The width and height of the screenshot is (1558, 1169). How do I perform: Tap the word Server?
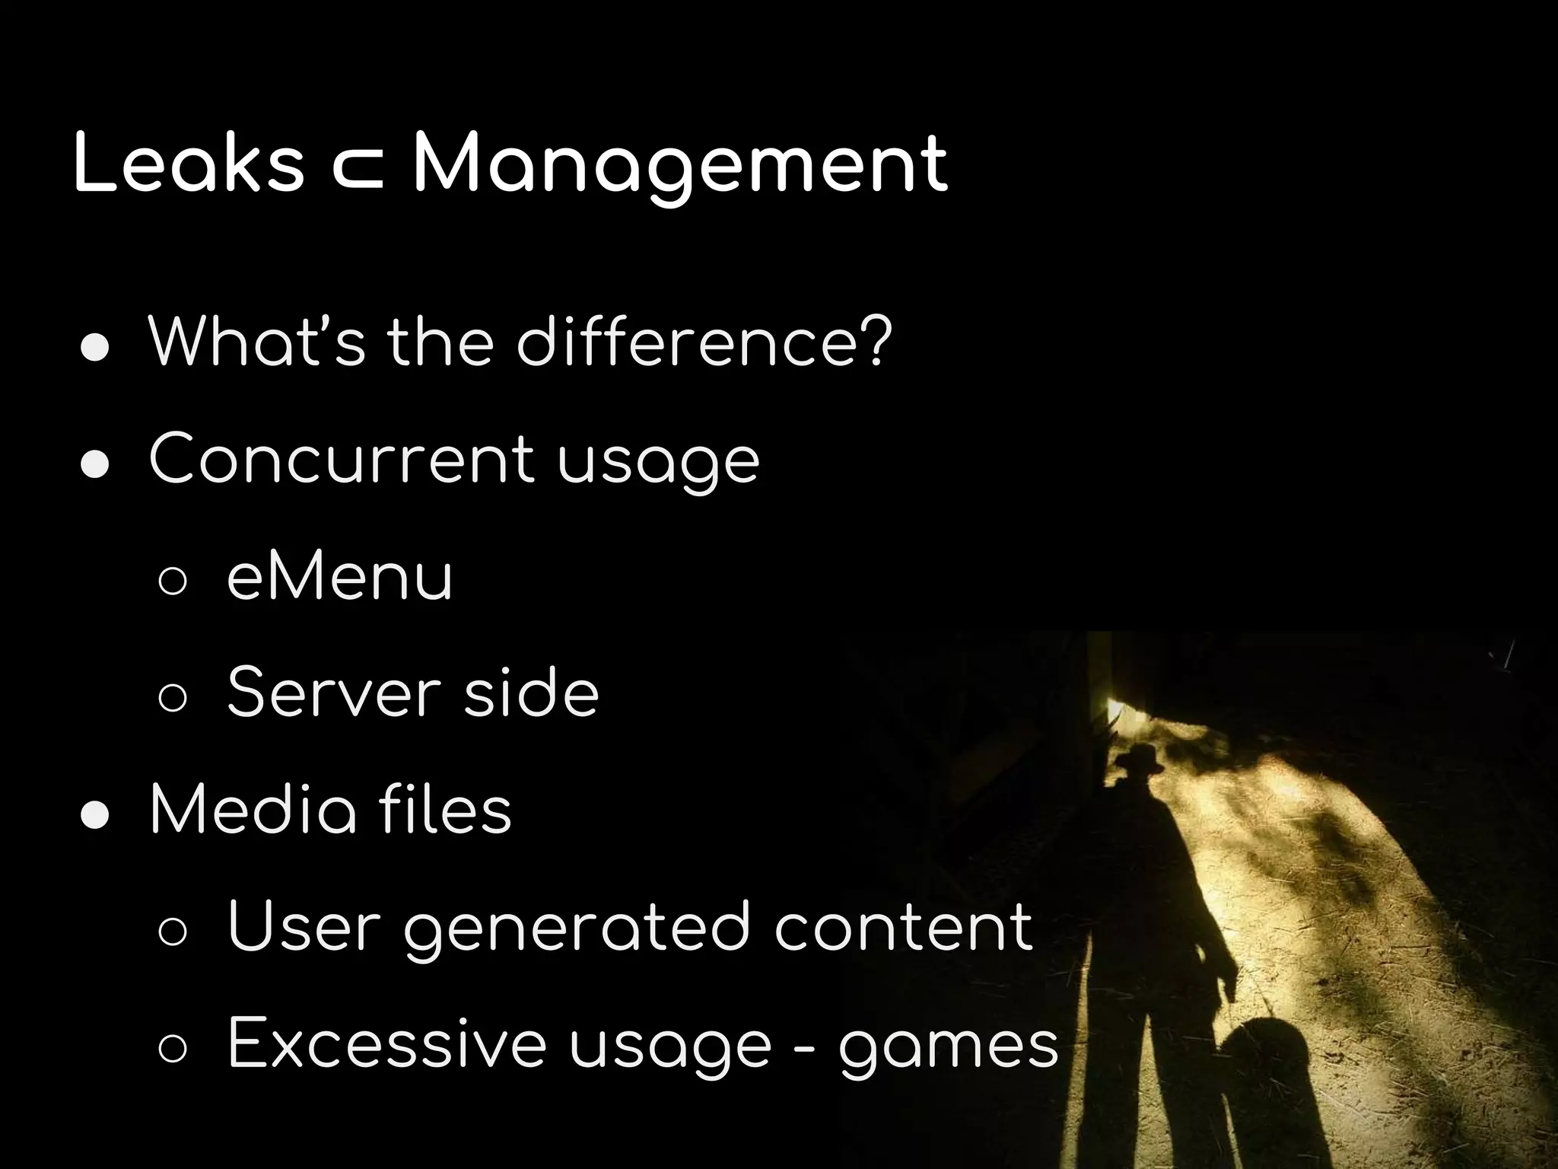pyautogui.click(x=334, y=693)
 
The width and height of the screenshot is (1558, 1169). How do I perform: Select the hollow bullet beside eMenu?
pyautogui.click(x=173, y=582)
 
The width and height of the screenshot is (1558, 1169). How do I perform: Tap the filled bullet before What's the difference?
pyautogui.click(x=96, y=348)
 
